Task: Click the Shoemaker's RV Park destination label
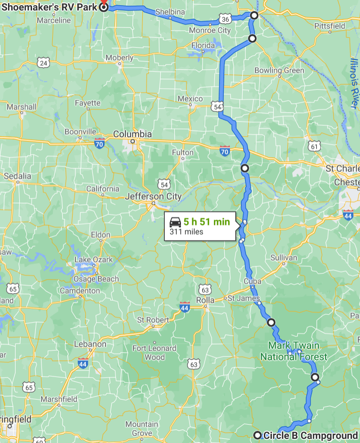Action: (49, 7)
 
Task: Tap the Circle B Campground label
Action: (311, 435)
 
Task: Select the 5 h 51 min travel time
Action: (207, 221)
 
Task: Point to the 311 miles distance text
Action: (186, 231)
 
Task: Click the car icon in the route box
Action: (175, 221)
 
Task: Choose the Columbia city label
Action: (132, 134)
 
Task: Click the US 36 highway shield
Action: (225, 19)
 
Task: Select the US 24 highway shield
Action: (43, 63)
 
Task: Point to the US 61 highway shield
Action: (314, 147)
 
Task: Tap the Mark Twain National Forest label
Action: (294, 351)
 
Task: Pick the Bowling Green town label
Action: (279, 71)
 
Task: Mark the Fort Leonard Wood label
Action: (148, 353)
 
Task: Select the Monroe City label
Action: (210, 31)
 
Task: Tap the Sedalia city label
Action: (17, 176)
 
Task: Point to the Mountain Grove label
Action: (141, 429)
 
